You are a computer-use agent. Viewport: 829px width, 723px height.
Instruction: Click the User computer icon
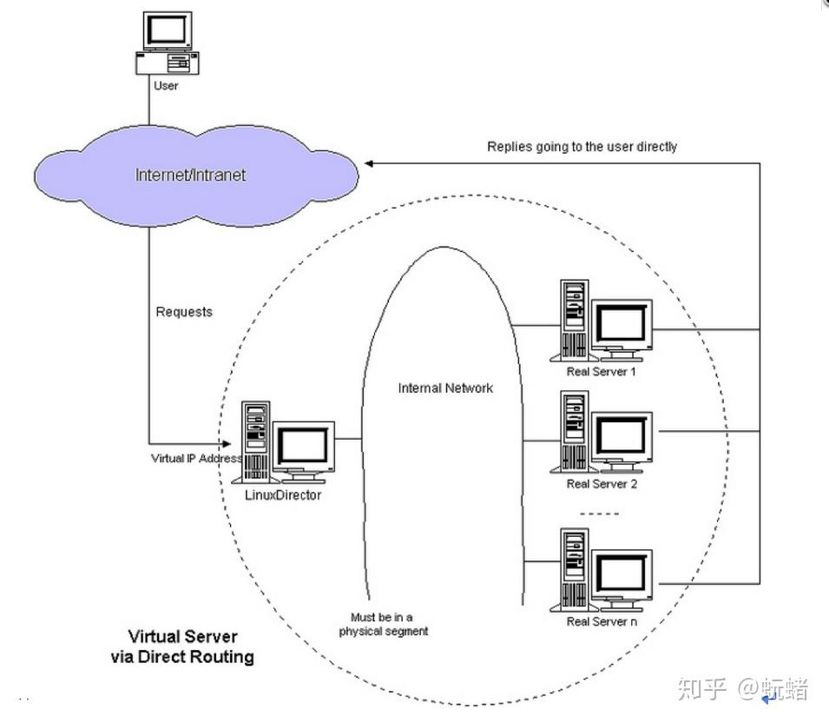(x=167, y=43)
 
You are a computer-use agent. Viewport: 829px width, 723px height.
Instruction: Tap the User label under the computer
(x=166, y=86)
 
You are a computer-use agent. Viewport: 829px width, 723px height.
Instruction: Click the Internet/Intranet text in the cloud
(x=190, y=176)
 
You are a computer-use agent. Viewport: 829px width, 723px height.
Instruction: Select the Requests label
(x=184, y=312)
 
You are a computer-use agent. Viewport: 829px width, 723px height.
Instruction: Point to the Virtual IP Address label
(x=197, y=458)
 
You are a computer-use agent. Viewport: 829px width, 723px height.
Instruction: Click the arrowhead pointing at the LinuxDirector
(x=227, y=443)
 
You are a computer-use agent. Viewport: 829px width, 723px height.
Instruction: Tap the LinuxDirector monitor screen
(x=303, y=446)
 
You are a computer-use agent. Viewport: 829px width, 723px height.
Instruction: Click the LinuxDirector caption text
(x=283, y=495)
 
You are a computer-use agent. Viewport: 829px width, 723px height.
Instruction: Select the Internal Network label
(x=445, y=388)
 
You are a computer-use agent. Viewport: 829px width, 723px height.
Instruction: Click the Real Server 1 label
(x=601, y=372)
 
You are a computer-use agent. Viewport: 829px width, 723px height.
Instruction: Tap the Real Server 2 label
(x=602, y=484)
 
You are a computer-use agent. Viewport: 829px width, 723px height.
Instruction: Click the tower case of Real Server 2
(x=574, y=431)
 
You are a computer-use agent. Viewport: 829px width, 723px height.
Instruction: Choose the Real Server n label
(x=602, y=621)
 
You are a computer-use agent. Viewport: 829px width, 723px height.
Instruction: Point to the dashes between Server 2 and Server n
(x=599, y=514)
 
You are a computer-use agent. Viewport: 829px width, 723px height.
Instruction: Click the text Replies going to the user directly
(x=582, y=147)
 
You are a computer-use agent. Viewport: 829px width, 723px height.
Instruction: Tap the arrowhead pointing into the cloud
(x=370, y=163)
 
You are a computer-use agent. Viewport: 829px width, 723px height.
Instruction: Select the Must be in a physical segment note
(x=384, y=624)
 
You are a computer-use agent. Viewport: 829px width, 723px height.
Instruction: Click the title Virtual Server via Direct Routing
(x=182, y=647)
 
